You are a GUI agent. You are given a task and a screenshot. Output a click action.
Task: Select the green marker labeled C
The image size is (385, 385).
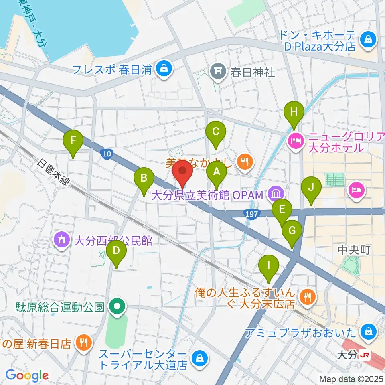215,132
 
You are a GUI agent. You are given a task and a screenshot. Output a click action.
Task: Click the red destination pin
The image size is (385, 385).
182,172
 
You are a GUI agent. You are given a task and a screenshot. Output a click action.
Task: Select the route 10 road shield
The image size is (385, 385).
105,154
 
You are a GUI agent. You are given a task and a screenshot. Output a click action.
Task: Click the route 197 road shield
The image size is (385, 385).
251,214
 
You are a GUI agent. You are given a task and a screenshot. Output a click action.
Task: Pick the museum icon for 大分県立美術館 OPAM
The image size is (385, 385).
275,195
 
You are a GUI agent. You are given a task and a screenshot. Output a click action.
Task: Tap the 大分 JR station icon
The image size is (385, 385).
365,355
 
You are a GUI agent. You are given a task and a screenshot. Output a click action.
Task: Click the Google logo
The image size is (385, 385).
27,375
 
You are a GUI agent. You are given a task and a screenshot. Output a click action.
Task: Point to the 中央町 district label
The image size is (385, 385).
353,250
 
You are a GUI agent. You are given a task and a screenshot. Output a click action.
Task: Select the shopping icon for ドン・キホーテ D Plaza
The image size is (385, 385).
367,39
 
